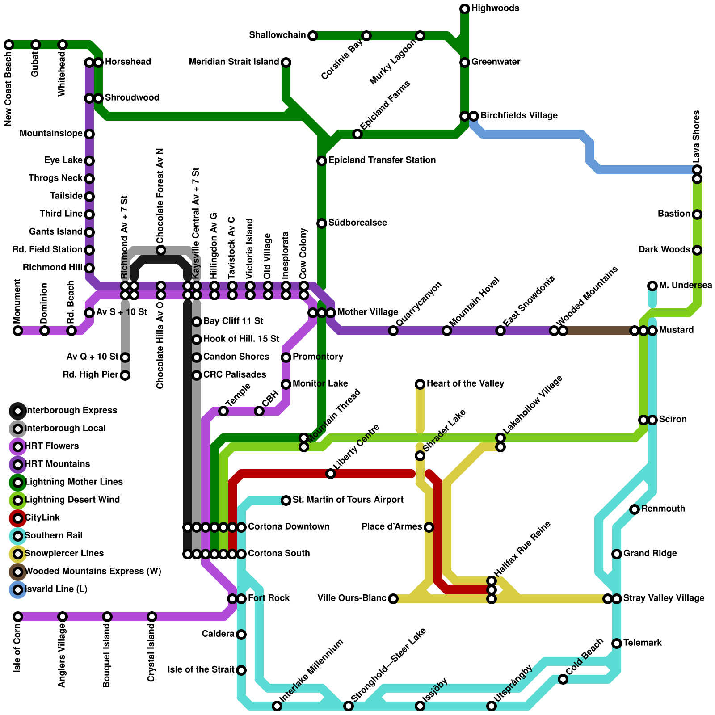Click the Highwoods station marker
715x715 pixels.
[465, 8]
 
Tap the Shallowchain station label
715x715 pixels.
[278, 35]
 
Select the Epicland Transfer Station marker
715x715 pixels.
[322, 160]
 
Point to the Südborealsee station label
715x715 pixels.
[357, 223]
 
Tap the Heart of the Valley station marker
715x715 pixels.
[420, 384]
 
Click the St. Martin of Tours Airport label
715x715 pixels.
[348, 500]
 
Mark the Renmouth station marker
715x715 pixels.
[635, 509]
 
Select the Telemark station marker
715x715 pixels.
[617, 643]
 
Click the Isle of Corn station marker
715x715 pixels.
[18, 617]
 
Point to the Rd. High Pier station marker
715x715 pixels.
[125, 375]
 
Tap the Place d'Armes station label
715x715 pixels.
[392, 526]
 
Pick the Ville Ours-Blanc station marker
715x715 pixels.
[393, 598]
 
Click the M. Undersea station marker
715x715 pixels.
[652, 286]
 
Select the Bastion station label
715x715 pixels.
[674, 214]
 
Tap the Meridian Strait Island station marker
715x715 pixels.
[286, 62]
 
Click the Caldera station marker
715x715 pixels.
[241, 634]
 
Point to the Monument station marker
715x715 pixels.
[18, 331]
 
